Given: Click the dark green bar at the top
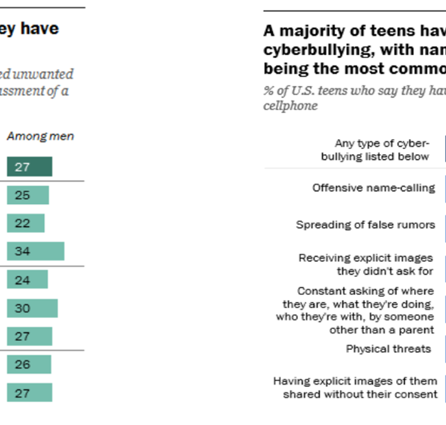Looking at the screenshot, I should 30,167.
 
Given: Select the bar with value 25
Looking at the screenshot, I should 28,195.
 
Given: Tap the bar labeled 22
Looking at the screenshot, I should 26,223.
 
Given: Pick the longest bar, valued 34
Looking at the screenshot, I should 36,252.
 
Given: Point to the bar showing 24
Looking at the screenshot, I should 28,279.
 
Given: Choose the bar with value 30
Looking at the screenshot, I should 32,308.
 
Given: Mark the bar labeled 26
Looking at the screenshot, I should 29,364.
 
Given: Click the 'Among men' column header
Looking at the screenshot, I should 40,136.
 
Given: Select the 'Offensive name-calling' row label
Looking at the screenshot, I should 374,188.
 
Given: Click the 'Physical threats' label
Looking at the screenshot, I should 388,348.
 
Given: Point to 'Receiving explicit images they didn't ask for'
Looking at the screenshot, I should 366,263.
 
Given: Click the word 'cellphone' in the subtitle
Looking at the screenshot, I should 291,106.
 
